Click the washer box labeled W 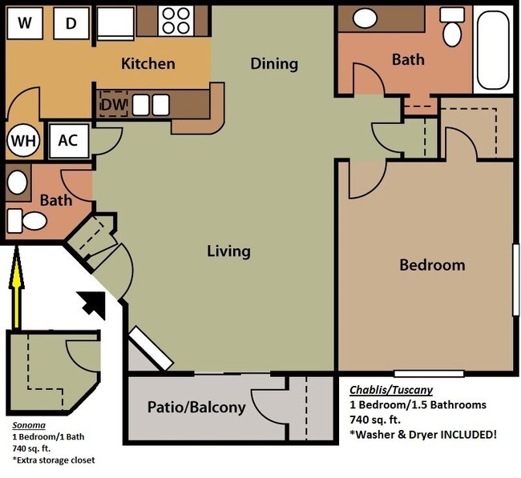tap(24, 23)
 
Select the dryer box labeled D tap(71, 23)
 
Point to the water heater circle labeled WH tap(22, 141)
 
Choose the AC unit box tap(68, 140)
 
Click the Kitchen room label tap(147, 63)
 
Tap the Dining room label tap(273, 63)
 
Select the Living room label tap(228, 251)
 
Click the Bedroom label tap(432, 264)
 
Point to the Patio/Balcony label tap(196, 407)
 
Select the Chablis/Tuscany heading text tap(390, 390)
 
